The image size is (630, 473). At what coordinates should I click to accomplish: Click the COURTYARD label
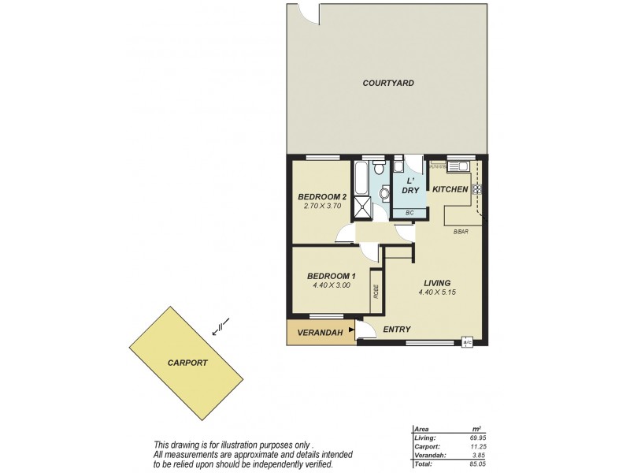tap(388, 83)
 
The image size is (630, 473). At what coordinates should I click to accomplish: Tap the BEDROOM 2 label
tap(322, 196)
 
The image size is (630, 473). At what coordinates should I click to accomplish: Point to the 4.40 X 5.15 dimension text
tap(437, 292)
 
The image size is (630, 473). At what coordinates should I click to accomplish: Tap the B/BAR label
tap(461, 232)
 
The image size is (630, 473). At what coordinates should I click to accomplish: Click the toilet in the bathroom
tap(379, 169)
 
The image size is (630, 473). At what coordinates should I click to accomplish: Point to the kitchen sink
tap(458, 166)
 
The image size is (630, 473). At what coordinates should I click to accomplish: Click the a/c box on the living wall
tap(467, 342)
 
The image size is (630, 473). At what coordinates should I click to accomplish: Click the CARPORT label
tap(187, 363)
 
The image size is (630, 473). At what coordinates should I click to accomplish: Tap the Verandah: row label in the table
tap(428, 455)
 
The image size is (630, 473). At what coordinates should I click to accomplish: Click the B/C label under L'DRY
tap(409, 214)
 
